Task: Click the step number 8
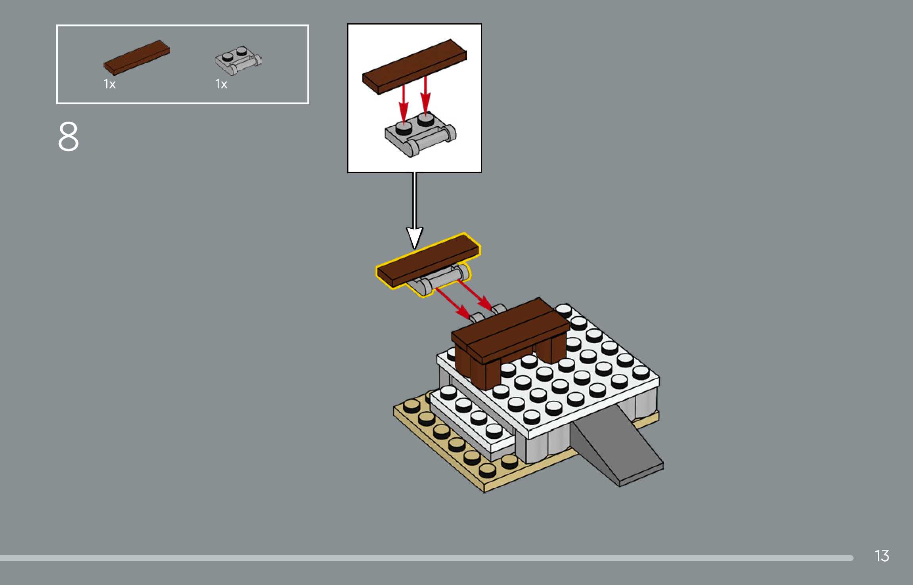point(69,137)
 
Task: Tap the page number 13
point(882,556)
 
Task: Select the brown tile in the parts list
point(137,57)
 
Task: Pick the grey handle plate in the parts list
point(238,61)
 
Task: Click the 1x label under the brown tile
point(109,84)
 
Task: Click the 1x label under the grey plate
point(221,84)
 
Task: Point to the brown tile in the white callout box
point(414,66)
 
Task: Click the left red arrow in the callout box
point(403,103)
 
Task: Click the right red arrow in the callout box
point(425,95)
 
